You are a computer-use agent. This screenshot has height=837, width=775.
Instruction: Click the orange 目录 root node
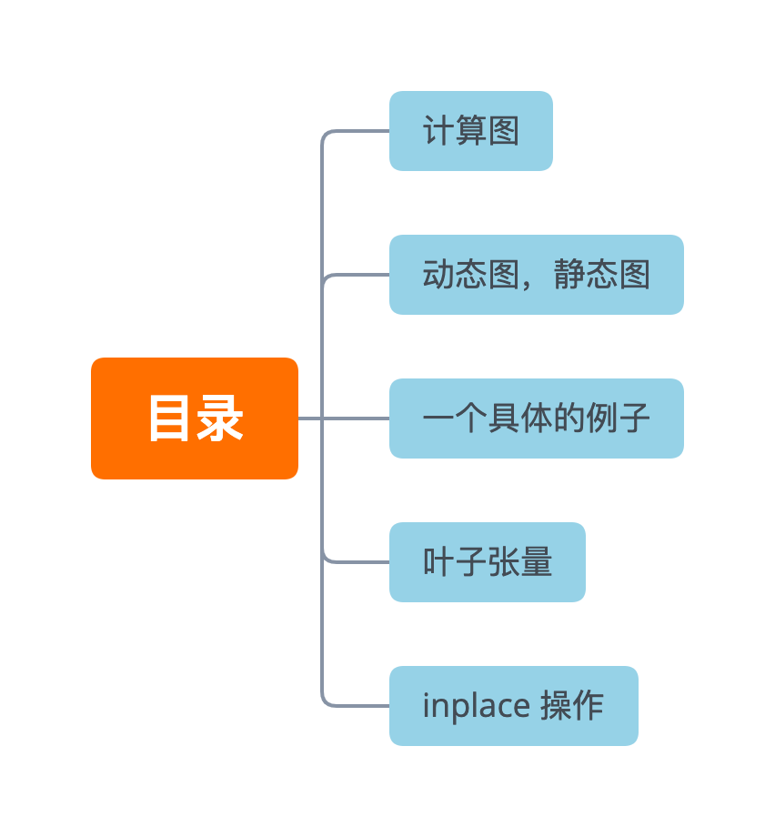point(195,418)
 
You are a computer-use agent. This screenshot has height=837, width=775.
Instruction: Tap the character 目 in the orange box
point(169,418)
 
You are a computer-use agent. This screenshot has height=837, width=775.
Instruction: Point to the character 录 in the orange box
point(220,418)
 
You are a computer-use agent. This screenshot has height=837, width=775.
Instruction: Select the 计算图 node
point(470,131)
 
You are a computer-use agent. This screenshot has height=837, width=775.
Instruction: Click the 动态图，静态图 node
point(536,275)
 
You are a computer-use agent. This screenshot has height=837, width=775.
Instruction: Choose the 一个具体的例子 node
point(536,418)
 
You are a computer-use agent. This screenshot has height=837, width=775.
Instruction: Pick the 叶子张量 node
point(487,562)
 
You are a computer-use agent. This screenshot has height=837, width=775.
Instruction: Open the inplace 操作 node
point(513,706)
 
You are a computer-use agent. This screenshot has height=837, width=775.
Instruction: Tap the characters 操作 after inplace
point(572,706)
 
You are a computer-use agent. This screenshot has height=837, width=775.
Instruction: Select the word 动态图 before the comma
point(470,275)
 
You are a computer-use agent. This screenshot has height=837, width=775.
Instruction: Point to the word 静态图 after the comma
point(601,275)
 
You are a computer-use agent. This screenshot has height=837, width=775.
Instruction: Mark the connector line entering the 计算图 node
point(359,131)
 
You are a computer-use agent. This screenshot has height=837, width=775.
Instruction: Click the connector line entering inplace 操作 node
point(359,705)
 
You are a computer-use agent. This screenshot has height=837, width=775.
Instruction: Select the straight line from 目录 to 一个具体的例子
point(344,418)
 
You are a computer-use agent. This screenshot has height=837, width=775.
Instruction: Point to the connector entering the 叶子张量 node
point(359,561)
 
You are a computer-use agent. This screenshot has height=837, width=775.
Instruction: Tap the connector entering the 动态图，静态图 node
point(359,275)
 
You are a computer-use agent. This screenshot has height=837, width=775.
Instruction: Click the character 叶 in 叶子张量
point(438,562)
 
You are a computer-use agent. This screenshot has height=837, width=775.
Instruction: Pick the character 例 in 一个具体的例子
point(601,418)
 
